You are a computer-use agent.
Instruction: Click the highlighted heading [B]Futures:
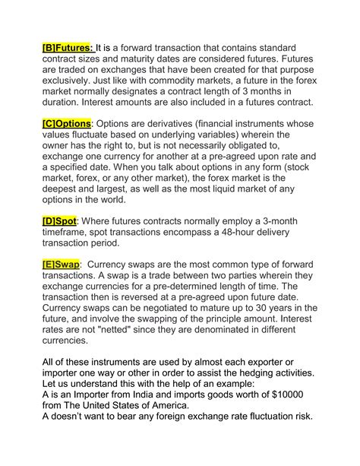click(x=67, y=44)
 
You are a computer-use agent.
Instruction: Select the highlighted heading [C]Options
click(x=67, y=123)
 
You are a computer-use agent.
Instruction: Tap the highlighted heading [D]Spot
click(x=59, y=220)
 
